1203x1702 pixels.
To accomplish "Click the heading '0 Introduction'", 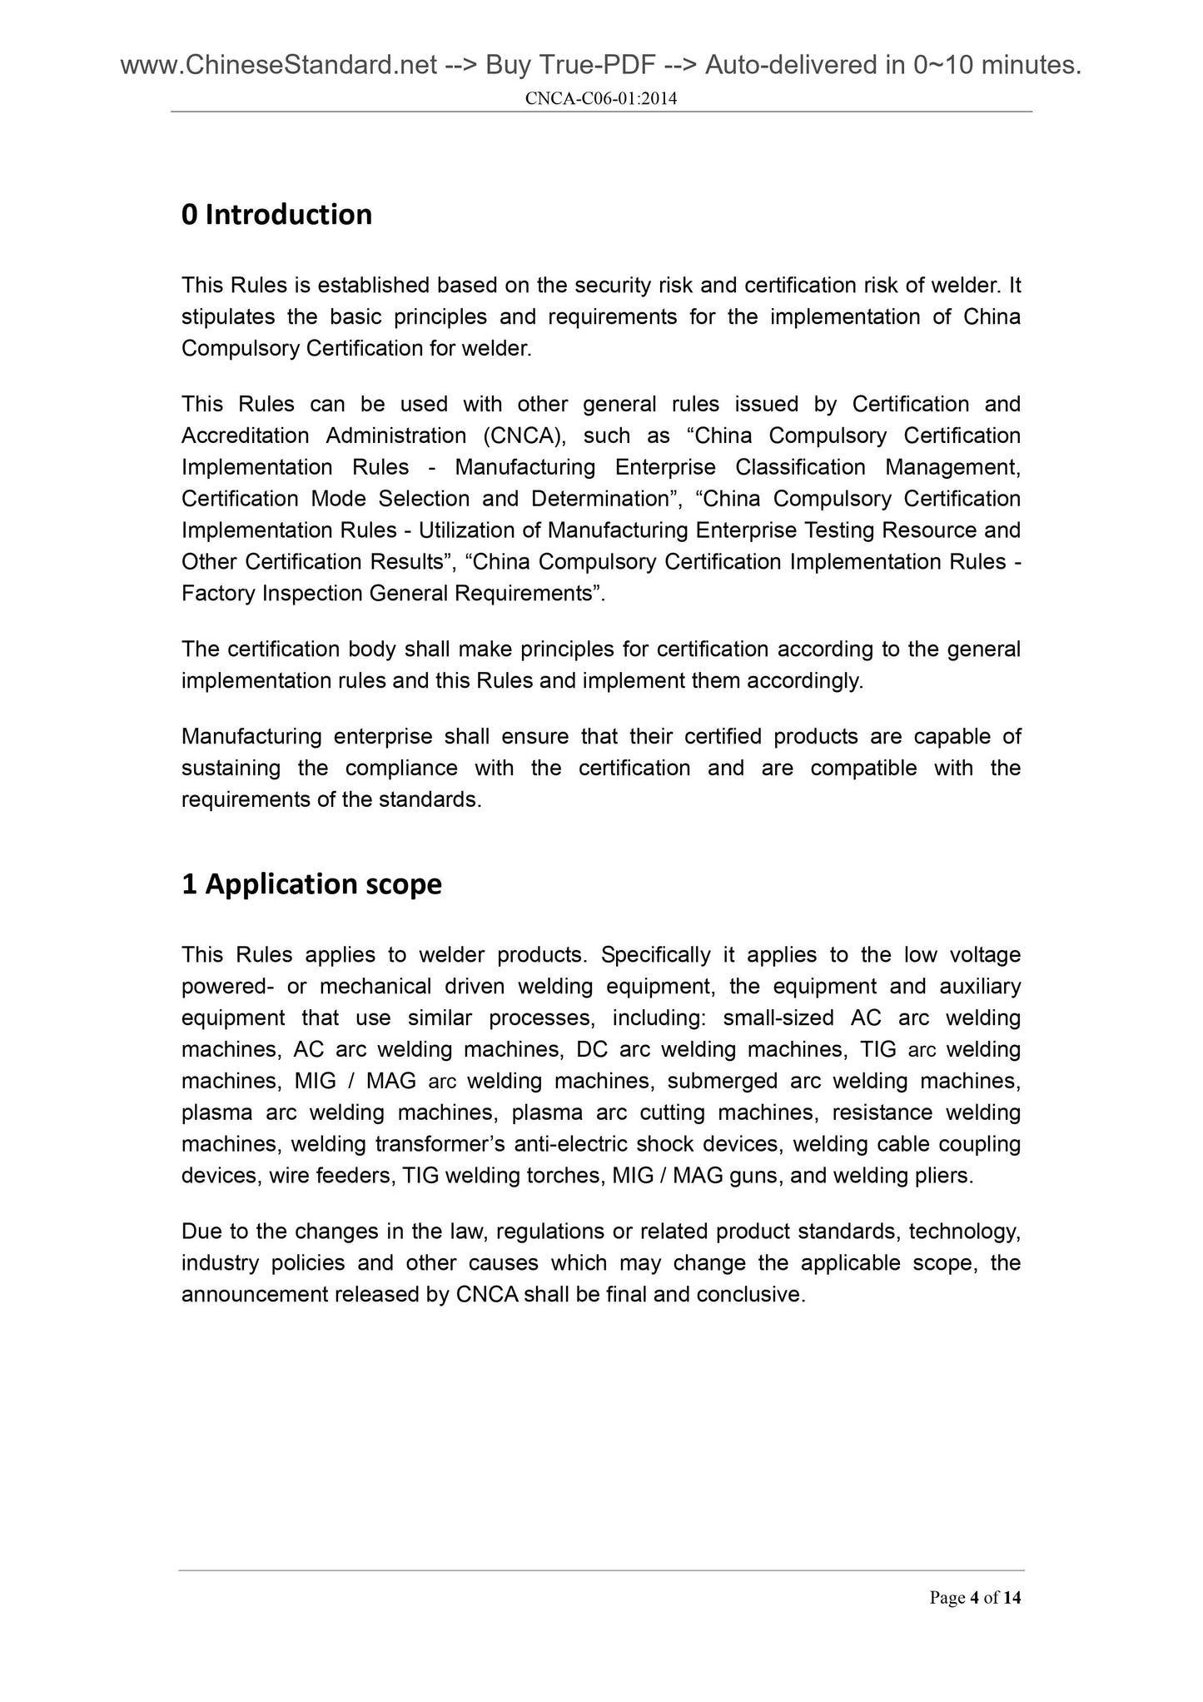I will click(x=276, y=215).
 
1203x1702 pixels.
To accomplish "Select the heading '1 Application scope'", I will click(x=311, y=883).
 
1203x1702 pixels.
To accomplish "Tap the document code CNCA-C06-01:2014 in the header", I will click(x=601, y=99).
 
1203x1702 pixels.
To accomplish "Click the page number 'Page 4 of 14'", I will click(x=975, y=1597).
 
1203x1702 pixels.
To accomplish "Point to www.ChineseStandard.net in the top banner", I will click(x=279, y=64).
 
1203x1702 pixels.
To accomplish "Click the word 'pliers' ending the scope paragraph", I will click(x=945, y=1176).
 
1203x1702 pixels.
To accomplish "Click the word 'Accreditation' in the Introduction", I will click(x=245, y=435).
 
